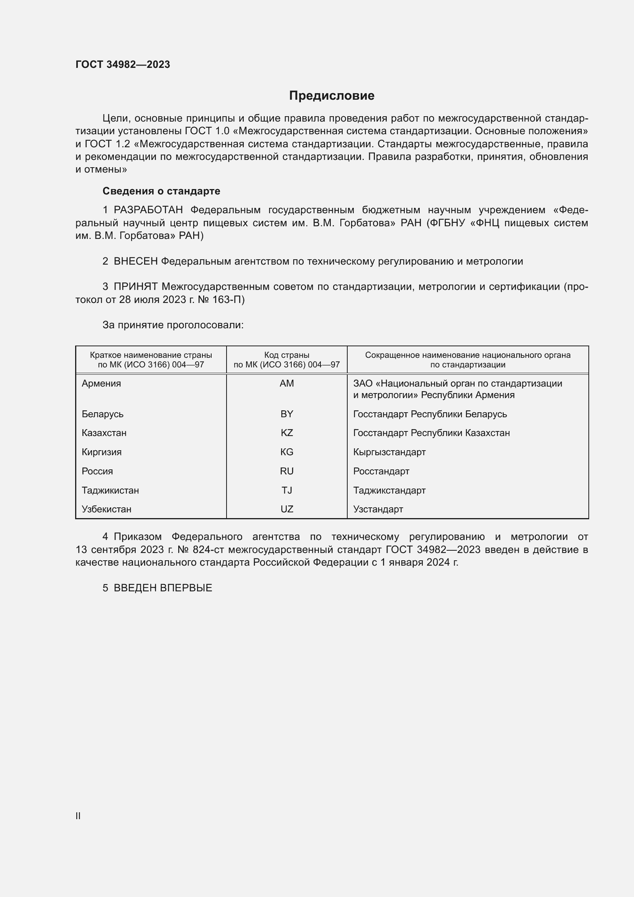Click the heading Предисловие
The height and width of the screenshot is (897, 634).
[332, 96]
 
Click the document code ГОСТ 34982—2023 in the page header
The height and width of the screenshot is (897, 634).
[123, 65]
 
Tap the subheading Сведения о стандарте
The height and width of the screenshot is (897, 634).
[161, 191]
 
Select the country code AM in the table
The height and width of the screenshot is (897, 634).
[287, 383]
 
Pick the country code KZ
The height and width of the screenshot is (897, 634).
[287, 433]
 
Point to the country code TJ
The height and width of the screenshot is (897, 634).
[287, 490]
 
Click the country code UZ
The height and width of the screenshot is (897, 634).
[287, 509]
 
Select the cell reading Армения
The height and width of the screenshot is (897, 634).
[101, 383]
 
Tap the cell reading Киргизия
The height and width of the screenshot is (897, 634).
[102, 453]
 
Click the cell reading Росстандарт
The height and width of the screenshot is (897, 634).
[381, 472]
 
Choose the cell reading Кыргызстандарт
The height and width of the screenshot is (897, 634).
[389, 453]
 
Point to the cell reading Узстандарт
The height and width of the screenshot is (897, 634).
[378, 509]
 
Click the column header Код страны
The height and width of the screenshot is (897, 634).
[287, 355]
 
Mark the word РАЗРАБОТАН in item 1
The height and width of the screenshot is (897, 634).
[148, 210]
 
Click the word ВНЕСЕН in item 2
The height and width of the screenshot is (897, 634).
[135, 262]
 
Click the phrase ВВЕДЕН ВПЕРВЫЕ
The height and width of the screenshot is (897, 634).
[163, 588]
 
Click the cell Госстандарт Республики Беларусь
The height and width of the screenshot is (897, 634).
[430, 414]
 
